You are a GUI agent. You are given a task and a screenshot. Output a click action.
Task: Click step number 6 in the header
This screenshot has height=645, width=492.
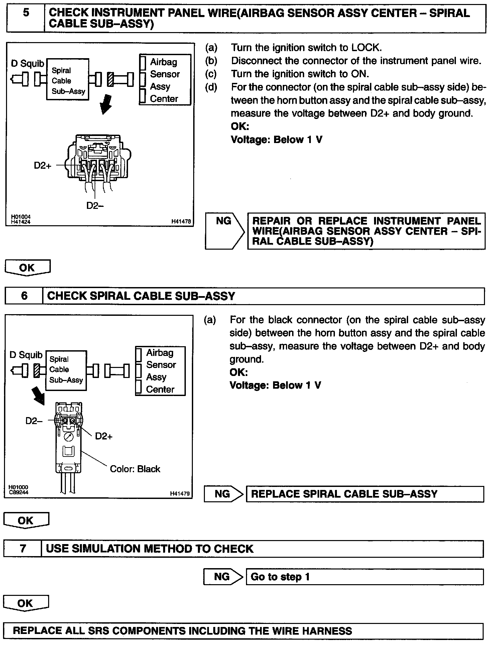click(24, 296)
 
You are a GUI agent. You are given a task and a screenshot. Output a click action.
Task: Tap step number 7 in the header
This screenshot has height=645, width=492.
click(23, 549)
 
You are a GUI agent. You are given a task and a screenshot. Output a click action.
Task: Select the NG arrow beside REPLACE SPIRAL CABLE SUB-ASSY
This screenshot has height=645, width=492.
click(223, 494)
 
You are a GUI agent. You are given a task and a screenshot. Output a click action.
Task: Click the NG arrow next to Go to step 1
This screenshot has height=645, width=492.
click(223, 577)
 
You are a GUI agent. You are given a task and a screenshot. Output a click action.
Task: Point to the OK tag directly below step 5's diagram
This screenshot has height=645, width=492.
click(27, 268)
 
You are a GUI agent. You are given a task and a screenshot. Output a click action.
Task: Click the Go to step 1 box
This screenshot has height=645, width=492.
click(364, 577)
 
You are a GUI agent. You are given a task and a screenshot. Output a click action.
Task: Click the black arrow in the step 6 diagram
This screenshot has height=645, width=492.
click(38, 395)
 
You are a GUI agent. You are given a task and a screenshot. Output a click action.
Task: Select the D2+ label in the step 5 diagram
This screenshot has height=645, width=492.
click(43, 165)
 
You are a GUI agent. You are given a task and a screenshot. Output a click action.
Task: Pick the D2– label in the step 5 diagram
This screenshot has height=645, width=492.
click(95, 206)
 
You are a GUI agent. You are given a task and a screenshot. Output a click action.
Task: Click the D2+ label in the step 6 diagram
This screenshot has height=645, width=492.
click(104, 436)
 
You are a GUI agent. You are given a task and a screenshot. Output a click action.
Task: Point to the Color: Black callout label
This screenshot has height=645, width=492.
click(135, 469)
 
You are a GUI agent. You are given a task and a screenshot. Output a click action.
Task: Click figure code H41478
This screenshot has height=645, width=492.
click(181, 221)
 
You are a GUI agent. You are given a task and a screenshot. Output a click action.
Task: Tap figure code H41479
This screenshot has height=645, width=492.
click(179, 493)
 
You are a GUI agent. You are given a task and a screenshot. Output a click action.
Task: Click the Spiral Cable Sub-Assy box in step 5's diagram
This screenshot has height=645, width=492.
click(68, 80)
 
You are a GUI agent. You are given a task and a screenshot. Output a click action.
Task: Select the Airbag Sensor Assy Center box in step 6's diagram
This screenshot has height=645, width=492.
click(160, 371)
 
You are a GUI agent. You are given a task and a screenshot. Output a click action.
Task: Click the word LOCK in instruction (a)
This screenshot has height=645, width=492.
click(366, 48)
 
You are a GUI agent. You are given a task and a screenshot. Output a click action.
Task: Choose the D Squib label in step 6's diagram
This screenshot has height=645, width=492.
click(26, 355)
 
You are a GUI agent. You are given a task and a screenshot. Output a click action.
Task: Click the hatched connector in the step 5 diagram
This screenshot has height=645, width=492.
click(110, 80)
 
